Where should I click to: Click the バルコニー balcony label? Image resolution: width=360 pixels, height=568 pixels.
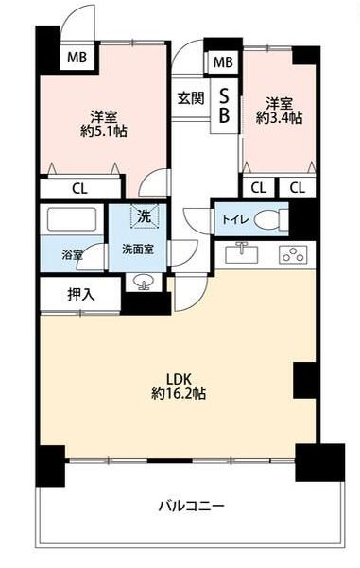click(x=190, y=505)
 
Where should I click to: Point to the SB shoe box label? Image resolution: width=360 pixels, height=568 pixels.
click(x=224, y=103)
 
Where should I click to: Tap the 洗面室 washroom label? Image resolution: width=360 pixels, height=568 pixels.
click(x=138, y=250)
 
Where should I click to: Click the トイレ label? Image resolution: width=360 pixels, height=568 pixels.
click(x=235, y=219)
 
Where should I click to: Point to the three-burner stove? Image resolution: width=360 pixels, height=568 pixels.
click(x=292, y=253)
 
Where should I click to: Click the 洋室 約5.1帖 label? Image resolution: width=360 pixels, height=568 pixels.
click(x=103, y=122)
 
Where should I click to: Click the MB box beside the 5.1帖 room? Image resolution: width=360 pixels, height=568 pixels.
click(x=77, y=56)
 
